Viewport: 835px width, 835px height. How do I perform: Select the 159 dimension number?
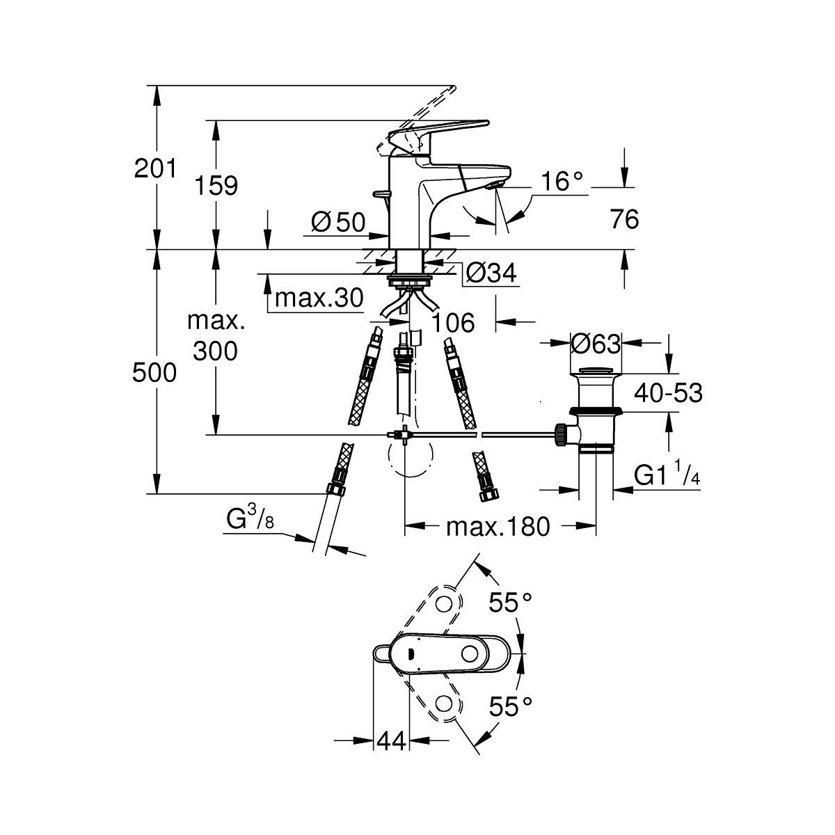point(216,186)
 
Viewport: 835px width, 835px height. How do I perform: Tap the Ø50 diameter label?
point(338,222)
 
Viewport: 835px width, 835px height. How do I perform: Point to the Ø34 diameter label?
point(492,273)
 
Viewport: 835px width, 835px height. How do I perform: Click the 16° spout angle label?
point(562,182)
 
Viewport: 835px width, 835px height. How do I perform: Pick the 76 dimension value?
point(624,220)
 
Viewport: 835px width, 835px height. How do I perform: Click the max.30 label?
point(319,299)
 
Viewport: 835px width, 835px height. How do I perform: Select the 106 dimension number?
point(453,323)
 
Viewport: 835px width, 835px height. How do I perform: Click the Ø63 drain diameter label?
point(596,343)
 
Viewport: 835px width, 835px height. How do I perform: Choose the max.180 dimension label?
point(498,527)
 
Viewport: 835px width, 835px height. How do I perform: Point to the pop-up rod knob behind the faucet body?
point(379,194)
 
